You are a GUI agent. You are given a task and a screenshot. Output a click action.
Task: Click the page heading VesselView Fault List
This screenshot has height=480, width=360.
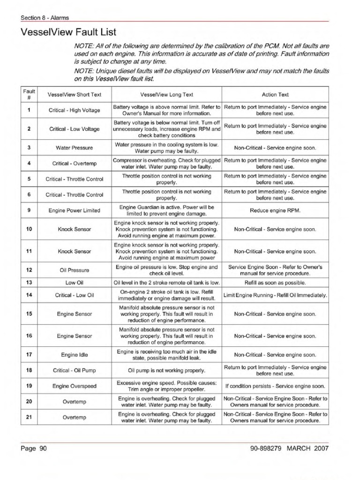(x=68, y=32)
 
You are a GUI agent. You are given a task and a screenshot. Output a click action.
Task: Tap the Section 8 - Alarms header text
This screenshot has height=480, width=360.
(x=45, y=18)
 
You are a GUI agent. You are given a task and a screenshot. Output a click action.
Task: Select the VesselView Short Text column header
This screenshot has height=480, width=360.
(x=75, y=94)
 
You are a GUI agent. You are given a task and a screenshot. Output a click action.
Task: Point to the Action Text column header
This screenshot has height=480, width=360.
(x=275, y=94)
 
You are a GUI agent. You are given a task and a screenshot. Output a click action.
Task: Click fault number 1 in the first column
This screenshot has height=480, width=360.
(x=29, y=110)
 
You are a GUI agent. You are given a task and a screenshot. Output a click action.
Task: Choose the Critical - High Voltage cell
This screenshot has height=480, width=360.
(x=75, y=110)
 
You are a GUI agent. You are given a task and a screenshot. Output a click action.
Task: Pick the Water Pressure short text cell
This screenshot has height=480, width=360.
(x=75, y=148)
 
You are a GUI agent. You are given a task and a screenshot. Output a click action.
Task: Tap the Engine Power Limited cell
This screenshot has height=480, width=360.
(x=75, y=210)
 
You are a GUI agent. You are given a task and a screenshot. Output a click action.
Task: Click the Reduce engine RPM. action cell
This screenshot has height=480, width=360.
(x=275, y=210)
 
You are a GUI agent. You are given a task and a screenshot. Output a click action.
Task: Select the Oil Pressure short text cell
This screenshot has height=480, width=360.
(x=75, y=270)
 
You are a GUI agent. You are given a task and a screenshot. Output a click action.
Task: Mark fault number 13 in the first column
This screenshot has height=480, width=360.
(x=29, y=283)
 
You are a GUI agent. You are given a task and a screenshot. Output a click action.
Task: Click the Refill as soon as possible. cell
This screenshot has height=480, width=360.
(x=275, y=283)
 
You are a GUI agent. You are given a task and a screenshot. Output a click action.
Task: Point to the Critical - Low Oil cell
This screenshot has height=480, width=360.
(x=75, y=295)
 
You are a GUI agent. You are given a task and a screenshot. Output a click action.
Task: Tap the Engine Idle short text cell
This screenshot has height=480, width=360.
(x=75, y=354)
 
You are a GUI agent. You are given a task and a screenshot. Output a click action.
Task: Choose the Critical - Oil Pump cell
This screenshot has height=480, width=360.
(x=75, y=370)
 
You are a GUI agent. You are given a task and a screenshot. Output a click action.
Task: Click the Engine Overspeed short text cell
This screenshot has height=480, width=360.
(x=75, y=386)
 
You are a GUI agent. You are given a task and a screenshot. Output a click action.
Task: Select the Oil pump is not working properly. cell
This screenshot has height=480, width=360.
(x=167, y=370)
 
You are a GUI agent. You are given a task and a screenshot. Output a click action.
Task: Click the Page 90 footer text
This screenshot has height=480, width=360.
(x=34, y=449)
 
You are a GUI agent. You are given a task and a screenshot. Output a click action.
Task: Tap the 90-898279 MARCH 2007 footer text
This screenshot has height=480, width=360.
(x=290, y=449)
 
